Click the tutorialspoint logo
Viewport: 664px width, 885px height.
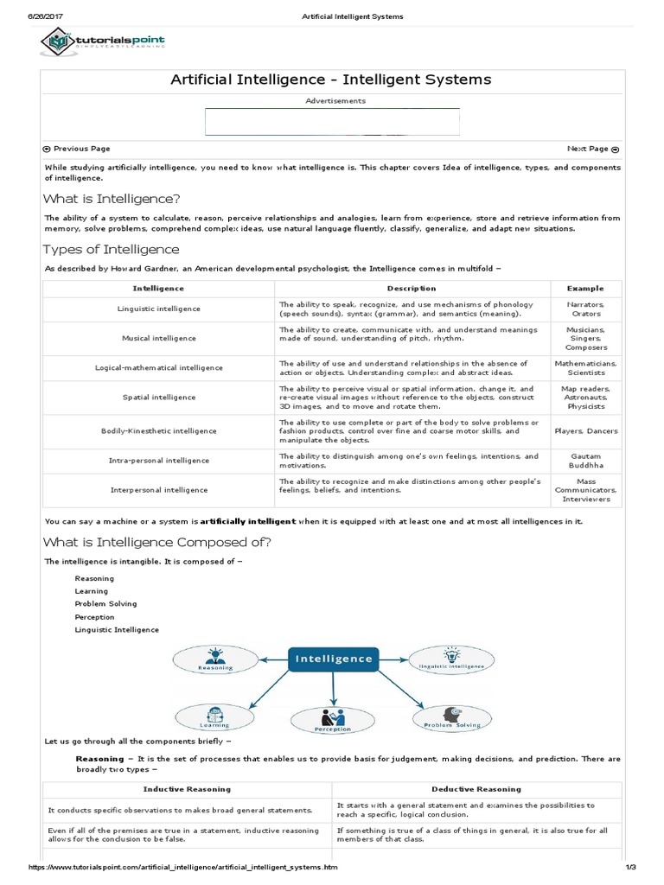point(103,41)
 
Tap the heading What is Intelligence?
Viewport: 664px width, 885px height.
point(112,199)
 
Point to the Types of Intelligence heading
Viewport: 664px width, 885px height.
point(112,250)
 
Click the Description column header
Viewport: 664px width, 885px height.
point(412,289)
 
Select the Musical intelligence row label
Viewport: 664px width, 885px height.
point(158,338)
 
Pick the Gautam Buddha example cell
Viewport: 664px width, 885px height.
point(585,461)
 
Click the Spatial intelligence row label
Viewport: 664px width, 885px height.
point(158,398)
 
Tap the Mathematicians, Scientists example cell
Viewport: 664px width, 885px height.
point(585,368)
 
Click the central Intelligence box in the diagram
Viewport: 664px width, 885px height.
point(334,659)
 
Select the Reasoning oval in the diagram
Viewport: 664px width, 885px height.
point(215,660)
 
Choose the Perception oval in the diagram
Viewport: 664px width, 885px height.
point(333,719)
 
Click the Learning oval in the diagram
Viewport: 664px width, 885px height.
point(215,717)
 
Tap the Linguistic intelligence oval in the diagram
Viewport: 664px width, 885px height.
point(450,660)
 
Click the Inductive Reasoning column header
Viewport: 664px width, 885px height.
point(188,789)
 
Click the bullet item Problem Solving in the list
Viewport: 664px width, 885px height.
point(105,604)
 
